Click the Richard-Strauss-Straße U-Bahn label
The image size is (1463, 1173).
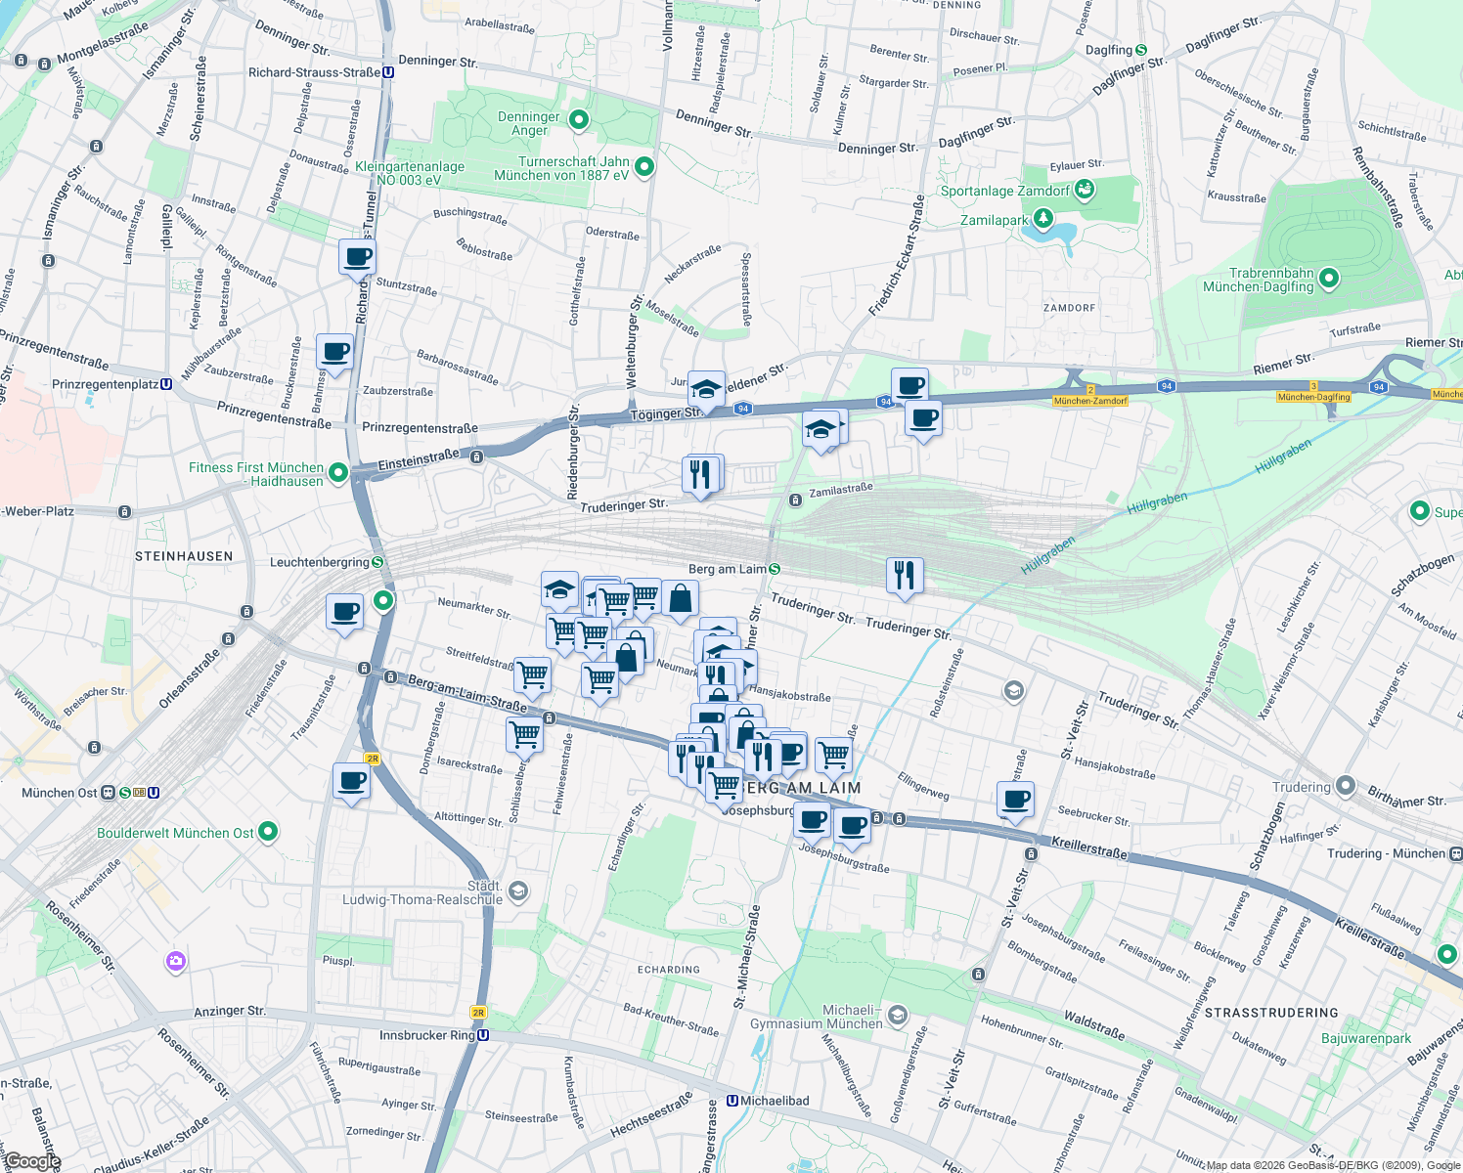(x=315, y=72)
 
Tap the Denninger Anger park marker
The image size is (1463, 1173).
(x=579, y=119)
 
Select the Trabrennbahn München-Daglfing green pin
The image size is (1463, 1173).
(x=1328, y=279)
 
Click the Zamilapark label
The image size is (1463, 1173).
(x=995, y=220)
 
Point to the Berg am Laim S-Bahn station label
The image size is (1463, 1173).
(x=728, y=569)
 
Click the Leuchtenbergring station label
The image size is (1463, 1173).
(x=320, y=562)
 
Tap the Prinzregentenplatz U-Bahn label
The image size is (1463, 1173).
(x=106, y=384)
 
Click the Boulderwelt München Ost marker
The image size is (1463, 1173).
(x=268, y=832)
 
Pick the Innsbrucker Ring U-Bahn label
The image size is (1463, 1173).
(x=427, y=1035)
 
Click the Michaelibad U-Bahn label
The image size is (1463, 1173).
(x=775, y=1101)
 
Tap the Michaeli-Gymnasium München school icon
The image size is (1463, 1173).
(x=898, y=1017)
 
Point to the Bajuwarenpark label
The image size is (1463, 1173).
(x=1366, y=1038)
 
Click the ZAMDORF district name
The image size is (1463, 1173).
(x=1069, y=308)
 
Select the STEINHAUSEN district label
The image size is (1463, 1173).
(x=184, y=556)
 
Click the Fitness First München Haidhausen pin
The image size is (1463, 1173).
(x=338, y=473)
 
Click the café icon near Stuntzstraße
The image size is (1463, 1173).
(x=357, y=258)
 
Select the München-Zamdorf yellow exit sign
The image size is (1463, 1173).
(x=1091, y=401)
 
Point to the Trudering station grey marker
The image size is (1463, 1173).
(x=1345, y=786)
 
